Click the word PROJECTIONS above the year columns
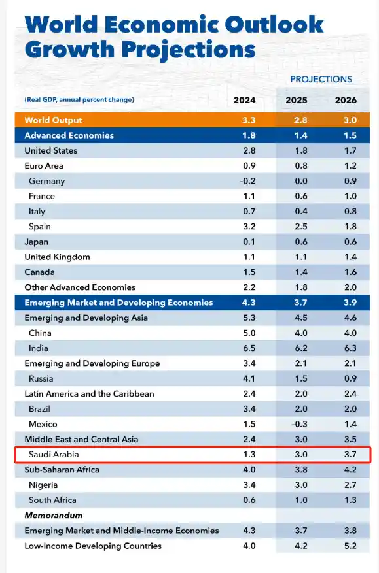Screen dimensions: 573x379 (321, 79)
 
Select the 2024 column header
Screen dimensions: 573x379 (245, 100)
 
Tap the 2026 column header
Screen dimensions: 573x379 (346, 100)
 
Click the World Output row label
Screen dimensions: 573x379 (53, 120)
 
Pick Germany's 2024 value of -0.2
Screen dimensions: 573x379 (245, 181)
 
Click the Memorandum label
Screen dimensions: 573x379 (51, 516)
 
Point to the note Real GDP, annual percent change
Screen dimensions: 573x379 (79, 100)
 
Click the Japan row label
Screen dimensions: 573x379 (37, 242)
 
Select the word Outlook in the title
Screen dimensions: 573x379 (274, 25)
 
